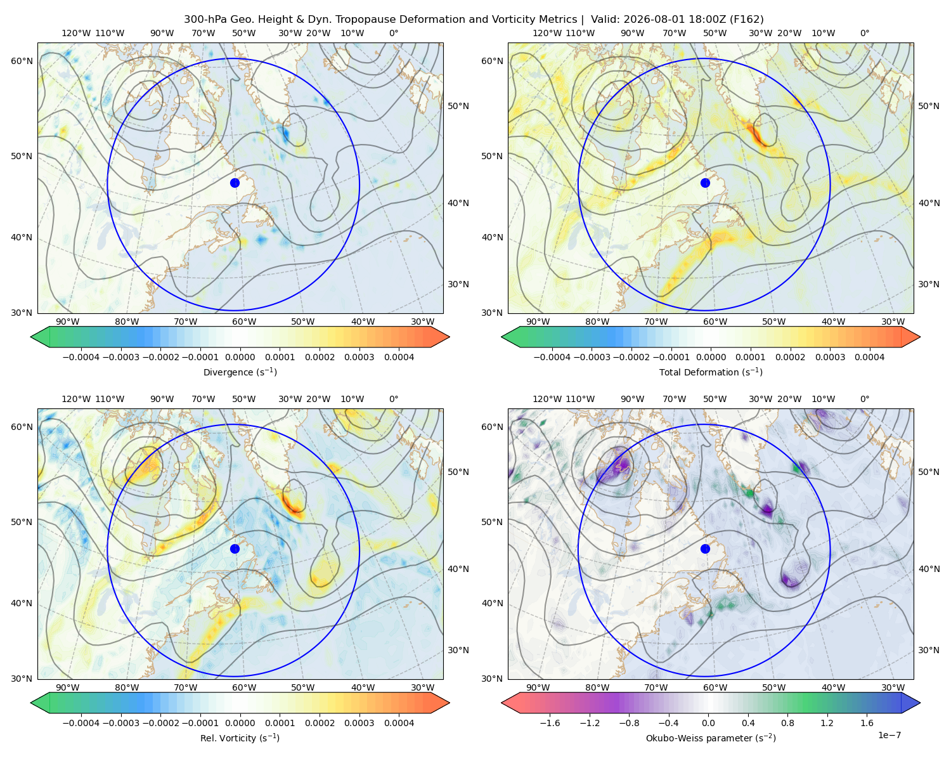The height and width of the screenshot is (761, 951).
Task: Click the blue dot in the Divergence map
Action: click(x=235, y=183)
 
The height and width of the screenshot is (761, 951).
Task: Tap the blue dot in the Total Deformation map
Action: click(x=705, y=183)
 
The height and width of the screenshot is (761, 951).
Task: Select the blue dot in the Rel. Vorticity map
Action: click(x=235, y=549)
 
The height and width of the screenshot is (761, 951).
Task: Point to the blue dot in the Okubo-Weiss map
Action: click(x=705, y=549)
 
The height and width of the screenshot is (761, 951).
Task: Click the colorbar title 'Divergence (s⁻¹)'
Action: click(x=240, y=372)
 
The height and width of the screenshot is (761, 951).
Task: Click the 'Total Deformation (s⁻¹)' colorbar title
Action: click(x=711, y=372)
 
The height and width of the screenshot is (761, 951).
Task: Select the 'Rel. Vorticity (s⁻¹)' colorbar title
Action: click(x=240, y=738)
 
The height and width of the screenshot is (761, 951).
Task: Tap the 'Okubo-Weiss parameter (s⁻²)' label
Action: click(x=711, y=738)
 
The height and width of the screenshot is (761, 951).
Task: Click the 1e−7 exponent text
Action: click(x=889, y=735)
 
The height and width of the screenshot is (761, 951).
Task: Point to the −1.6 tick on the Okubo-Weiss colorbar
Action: click(x=550, y=723)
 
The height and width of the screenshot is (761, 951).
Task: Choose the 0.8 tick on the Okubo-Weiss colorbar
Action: click(x=787, y=723)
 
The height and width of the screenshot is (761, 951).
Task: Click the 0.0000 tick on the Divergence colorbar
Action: click(x=240, y=357)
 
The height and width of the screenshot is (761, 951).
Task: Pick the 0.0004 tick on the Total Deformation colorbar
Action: click(x=869, y=357)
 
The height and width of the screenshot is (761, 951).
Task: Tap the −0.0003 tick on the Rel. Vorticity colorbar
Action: click(x=120, y=723)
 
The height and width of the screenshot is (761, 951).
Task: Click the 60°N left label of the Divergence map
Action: click(x=22, y=61)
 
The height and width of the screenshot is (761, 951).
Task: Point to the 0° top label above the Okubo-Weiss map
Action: click(x=864, y=399)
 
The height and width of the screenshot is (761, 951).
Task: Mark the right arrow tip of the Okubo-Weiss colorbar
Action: click(x=920, y=703)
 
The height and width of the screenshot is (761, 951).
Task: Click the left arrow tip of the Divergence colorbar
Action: click(x=30, y=337)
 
